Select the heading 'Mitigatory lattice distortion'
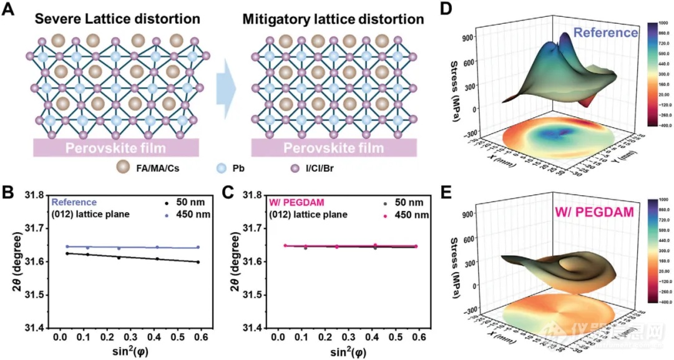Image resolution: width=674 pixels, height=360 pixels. click(333, 19)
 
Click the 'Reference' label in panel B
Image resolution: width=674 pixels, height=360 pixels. click(74, 202)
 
